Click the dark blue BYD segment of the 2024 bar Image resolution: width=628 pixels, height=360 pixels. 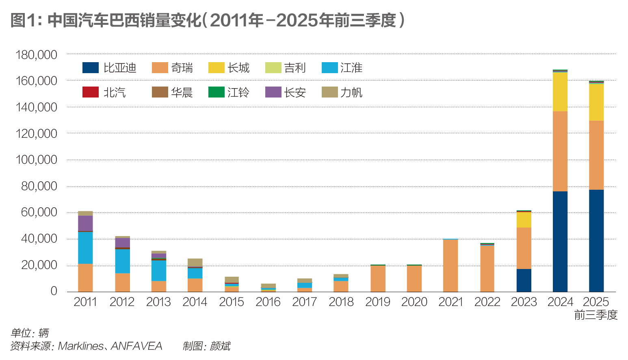[x=560, y=241]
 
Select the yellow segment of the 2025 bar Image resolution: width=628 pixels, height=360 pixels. [x=596, y=102]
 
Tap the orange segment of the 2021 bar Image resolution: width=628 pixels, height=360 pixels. [x=450, y=265]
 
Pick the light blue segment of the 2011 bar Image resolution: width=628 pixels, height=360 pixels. [x=85, y=248]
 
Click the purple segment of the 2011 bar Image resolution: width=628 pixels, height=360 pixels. [x=85, y=223]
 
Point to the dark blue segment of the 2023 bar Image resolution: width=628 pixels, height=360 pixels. [x=524, y=280]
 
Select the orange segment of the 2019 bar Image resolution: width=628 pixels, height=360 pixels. [x=378, y=278]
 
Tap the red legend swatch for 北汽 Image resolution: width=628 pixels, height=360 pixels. [x=90, y=92]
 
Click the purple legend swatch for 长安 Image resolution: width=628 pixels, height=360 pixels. [x=273, y=92]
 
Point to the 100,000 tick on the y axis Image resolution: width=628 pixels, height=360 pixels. [x=37, y=160]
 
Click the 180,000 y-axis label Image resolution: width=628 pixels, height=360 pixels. [x=37, y=55]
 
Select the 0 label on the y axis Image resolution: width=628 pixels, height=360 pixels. [x=54, y=291]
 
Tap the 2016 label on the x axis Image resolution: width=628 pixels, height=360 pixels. [x=268, y=302]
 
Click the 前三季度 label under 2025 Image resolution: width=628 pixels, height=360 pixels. [x=596, y=315]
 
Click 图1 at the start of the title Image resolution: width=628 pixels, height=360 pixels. [x=24, y=20]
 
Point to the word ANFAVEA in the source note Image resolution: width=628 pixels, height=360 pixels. [x=136, y=346]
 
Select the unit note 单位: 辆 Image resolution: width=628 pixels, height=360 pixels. [x=30, y=333]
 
